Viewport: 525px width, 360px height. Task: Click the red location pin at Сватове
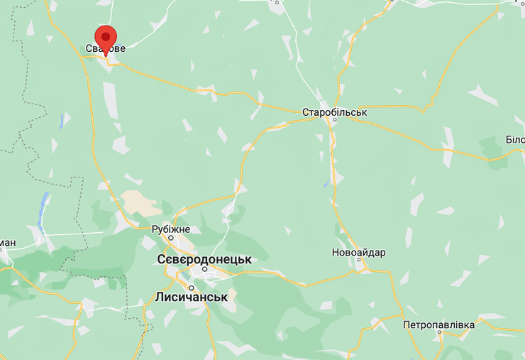(x=106, y=36)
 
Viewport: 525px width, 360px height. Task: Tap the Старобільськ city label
(x=334, y=112)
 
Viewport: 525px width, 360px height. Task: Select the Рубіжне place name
(x=171, y=229)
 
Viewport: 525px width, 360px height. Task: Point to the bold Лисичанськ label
(x=191, y=297)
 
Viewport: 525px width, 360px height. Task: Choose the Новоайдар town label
(x=359, y=253)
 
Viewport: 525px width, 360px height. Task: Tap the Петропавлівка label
(x=438, y=324)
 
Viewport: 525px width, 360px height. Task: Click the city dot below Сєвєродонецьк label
(x=204, y=269)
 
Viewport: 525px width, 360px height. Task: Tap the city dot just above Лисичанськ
(x=192, y=288)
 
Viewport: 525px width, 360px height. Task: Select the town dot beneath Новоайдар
(x=360, y=261)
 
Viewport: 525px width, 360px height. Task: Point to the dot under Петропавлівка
(x=439, y=333)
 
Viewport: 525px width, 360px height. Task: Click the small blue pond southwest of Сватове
(x=62, y=121)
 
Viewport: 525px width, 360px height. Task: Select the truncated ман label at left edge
(x=7, y=244)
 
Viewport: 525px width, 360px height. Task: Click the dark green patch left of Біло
(x=492, y=148)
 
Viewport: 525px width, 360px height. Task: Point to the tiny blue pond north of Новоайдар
(x=327, y=182)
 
